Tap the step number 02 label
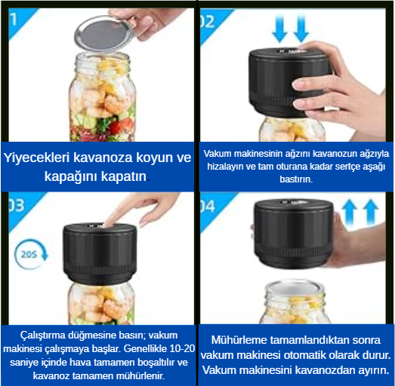(207, 22)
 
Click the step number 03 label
(17, 206)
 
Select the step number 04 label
(208, 207)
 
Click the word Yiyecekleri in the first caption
(36, 158)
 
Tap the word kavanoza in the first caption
(103, 158)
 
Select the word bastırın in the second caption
(296, 179)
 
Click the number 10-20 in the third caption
(182, 348)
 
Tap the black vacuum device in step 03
(100, 253)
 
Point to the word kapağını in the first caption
(71, 176)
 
